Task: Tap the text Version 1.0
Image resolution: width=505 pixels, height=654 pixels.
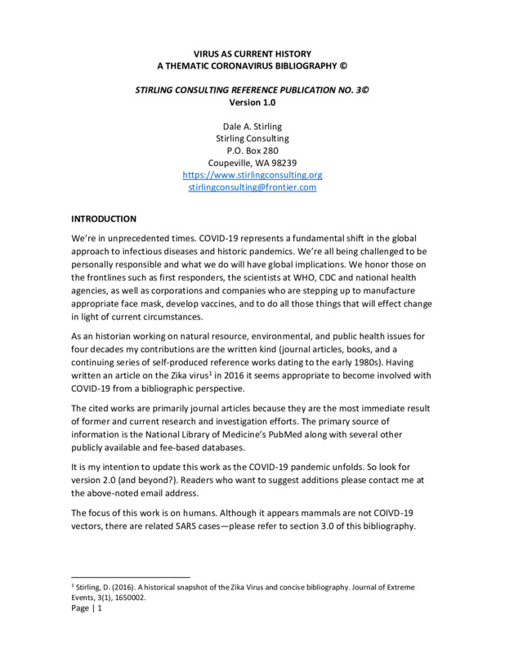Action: tap(252, 102)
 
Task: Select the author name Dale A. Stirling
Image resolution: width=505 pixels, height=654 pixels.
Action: tap(252, 126)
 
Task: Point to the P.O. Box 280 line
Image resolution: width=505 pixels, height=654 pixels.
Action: tap(252, 150)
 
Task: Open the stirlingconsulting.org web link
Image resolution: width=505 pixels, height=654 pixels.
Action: tap(252, 174)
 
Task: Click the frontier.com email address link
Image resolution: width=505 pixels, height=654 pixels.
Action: tap(252, 186)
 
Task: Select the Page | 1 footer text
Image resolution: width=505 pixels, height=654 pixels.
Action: tap(87, 609)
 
